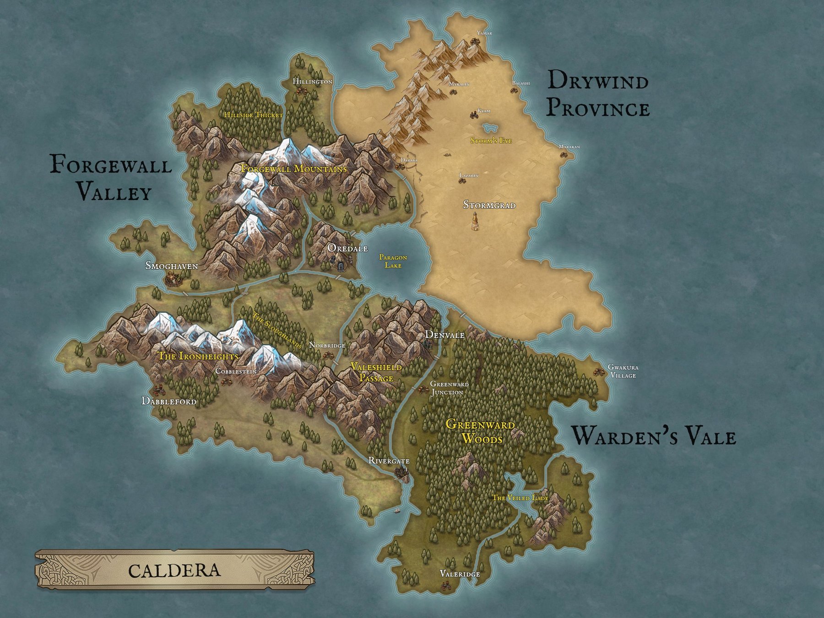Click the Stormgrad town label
[x=489, y=205]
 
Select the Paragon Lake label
[x=393, y=261]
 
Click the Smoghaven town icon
[x=174, y=277]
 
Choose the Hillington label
[x=312, y=81]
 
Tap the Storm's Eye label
[x=491, y=141]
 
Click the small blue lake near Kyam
[x=489, y=126]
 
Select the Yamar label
[x=484, y=33]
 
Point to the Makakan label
[x=569, y=147]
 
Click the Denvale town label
[x=445, y=335]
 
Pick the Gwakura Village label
[x=623, y=371]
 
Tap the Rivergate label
[x=389, y=461]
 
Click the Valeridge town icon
[x=445, y=585]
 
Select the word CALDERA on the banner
[x=174, y=570]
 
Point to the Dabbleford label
[x=169, y=401]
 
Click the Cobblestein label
[x=236, y=371]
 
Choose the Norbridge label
[x=327, y=345]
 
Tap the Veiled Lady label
[x=520, y=498]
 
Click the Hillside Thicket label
[x=253, y=115]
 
